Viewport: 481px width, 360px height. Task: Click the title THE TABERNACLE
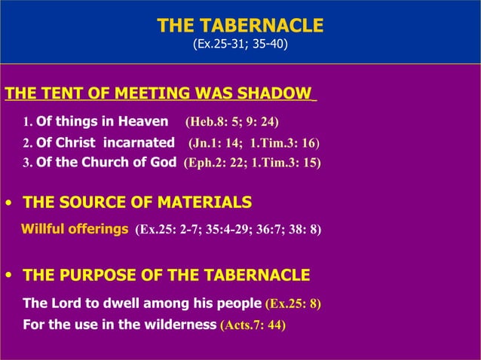pos(240,26)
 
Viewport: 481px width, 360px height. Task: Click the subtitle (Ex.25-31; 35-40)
pos(240,44)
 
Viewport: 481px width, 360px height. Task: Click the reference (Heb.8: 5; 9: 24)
pos(232,122)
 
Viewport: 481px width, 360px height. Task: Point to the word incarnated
pos(138,142)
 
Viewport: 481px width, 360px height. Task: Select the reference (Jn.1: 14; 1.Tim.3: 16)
pos(253,143)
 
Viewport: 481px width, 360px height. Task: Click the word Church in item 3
pos(99,162)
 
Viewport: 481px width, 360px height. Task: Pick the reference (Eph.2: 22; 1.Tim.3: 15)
pos(252,163)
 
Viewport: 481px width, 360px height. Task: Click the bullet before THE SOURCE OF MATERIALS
pos(8,203)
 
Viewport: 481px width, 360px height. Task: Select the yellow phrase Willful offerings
pos(75,229)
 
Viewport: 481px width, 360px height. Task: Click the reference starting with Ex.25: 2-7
pos(228,230)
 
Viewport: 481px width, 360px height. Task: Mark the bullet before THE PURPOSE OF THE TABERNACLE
pos(8,276)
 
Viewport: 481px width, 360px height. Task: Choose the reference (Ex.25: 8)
pos(293,304)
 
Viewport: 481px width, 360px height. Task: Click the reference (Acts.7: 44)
pos(253,325)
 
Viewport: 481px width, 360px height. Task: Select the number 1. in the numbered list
pos(28,123)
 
